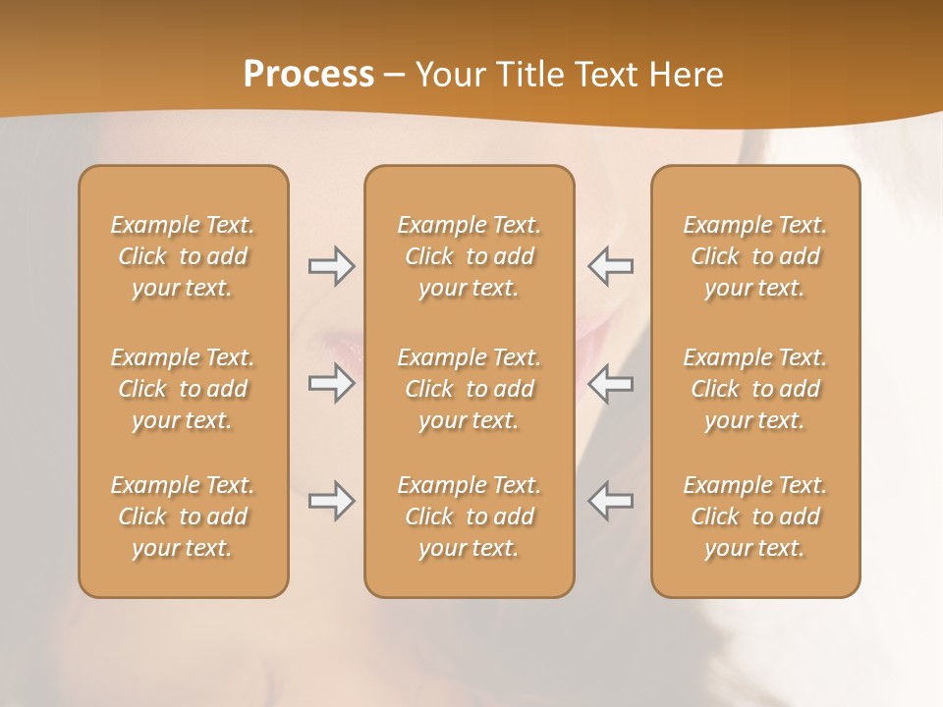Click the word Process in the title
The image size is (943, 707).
308,75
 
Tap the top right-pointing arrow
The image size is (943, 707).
331,266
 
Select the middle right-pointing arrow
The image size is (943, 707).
331,383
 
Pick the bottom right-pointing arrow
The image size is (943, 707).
331,501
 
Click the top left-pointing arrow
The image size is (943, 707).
610,266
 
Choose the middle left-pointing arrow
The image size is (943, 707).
610,383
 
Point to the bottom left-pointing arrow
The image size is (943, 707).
610,501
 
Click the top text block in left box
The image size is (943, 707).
183,256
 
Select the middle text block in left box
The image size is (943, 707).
183,389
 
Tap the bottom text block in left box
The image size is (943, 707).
183,517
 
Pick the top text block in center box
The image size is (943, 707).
469,256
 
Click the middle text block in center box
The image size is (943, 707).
469,389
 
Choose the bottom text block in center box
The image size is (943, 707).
469,517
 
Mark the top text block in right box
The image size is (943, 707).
754,256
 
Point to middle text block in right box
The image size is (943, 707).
754,389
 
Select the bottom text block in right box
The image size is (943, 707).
754,517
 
